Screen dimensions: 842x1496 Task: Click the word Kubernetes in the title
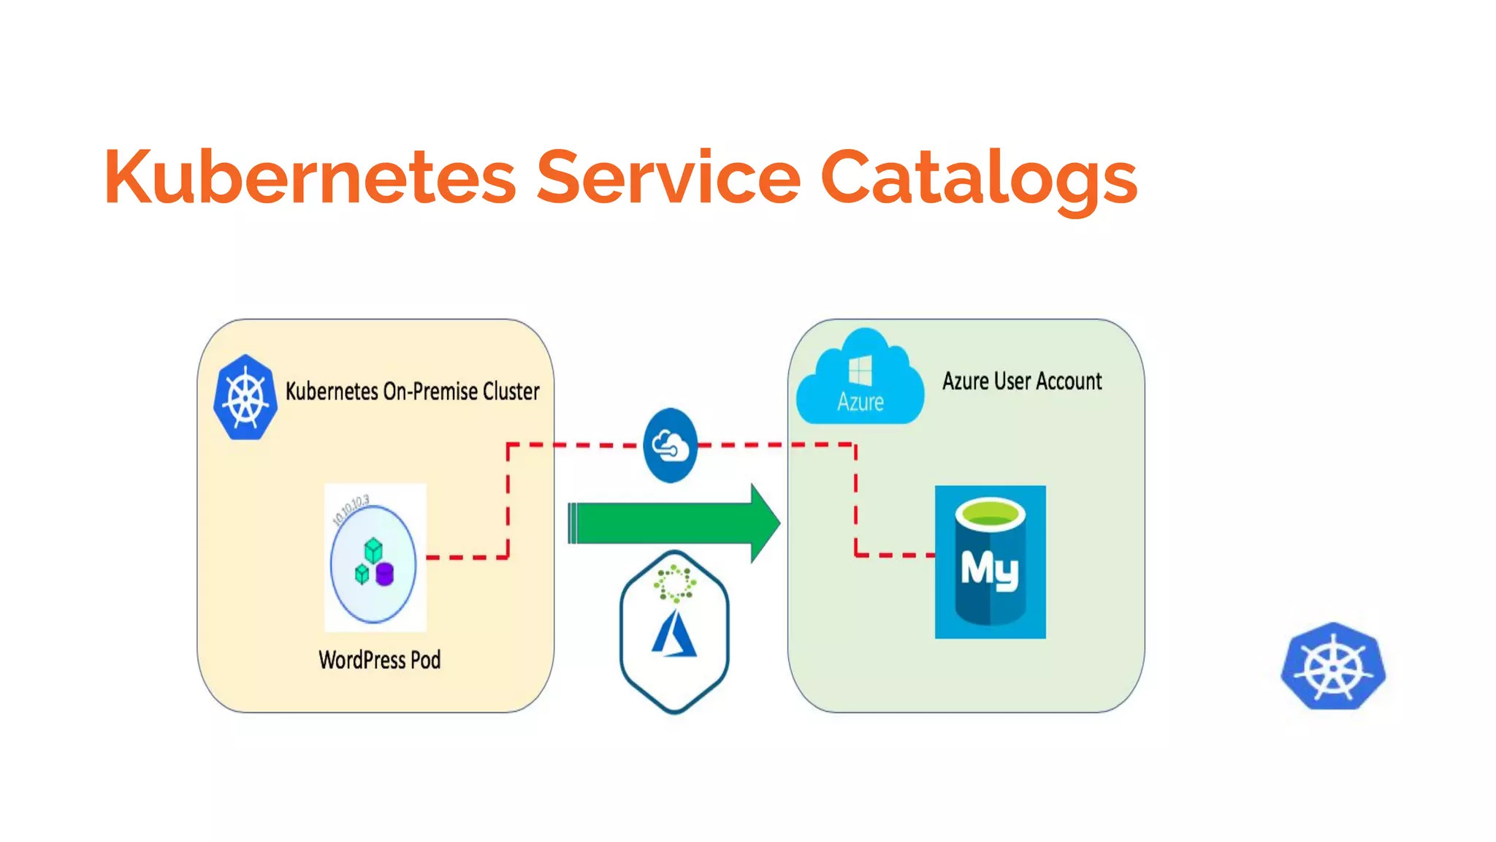(x=310, y=178)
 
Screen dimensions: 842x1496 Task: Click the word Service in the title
(x=668, y=178)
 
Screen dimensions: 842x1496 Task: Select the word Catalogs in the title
(x=979, y=178)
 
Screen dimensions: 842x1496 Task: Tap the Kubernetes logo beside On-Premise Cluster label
(x=245, y=398)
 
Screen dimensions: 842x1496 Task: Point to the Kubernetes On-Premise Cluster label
(x=412, y=392)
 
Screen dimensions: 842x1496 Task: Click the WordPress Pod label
(x=379, y=660)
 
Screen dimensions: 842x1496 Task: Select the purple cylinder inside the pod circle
(x=385, y=574)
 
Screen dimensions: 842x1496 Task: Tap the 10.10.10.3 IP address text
(x=351, y=509)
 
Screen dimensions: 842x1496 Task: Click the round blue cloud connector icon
(x=670, y=445)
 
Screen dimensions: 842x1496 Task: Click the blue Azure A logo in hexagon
(x=674, y=634)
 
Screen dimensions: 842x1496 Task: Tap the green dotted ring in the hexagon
(x=674, y=583)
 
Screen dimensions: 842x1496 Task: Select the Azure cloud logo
(x=860, y=380)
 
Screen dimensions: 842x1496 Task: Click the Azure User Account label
(x=1021, y=382)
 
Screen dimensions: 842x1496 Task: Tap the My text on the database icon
(x=989, y=569)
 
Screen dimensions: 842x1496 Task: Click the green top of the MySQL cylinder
(x=990, y=512)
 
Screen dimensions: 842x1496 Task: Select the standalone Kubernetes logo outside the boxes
(x=1333, y=666)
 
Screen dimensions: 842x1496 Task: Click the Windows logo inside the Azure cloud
(x=860, y=370)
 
